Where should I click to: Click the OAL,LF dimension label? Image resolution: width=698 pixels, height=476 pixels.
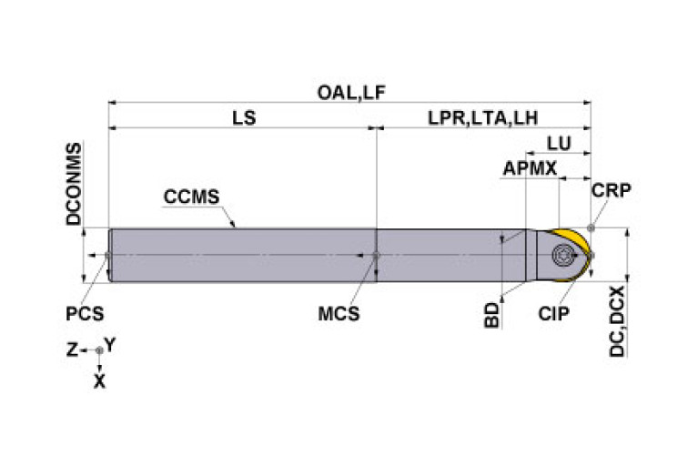click(x=350, y=93)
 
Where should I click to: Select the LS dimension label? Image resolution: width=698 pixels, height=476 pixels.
click(x=244, y=118)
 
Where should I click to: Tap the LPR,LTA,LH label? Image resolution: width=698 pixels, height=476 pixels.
click(x=483, y=118)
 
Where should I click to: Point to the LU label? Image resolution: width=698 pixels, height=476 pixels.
click(x=559, y=144)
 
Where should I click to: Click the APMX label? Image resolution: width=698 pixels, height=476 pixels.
click(x=530, y=168)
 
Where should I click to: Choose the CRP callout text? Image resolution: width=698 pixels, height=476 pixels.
click(x=612, y=190)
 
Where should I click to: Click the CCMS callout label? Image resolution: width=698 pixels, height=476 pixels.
click(x=191, y=197)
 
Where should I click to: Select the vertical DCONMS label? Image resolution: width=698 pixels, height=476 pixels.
click(x=74, y=184)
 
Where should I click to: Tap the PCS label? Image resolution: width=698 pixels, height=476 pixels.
click(x=85, y=314)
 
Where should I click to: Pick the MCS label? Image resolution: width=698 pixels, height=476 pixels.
click(x=339, y=314)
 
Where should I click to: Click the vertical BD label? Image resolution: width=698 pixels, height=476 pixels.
click(x=492, y=316)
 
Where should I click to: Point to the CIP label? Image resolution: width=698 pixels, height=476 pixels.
click(x=553, y=314)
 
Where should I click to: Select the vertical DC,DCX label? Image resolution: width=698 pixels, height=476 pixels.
click(x=617, y=321)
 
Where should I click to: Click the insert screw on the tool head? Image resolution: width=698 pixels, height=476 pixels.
click(x=561, y=255)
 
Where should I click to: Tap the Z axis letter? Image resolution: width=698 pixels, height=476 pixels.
click(x=72, y=350)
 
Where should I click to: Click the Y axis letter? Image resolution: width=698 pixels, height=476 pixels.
click(x=110, y=344)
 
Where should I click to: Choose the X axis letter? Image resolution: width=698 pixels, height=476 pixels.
click(x=100, y=381)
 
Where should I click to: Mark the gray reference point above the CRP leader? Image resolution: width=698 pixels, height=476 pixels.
click(x=591, y=228)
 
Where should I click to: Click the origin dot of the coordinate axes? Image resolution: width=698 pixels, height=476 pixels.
click(x=100, y=350)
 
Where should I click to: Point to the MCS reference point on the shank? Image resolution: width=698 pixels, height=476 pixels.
click(x=376, y=256)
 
